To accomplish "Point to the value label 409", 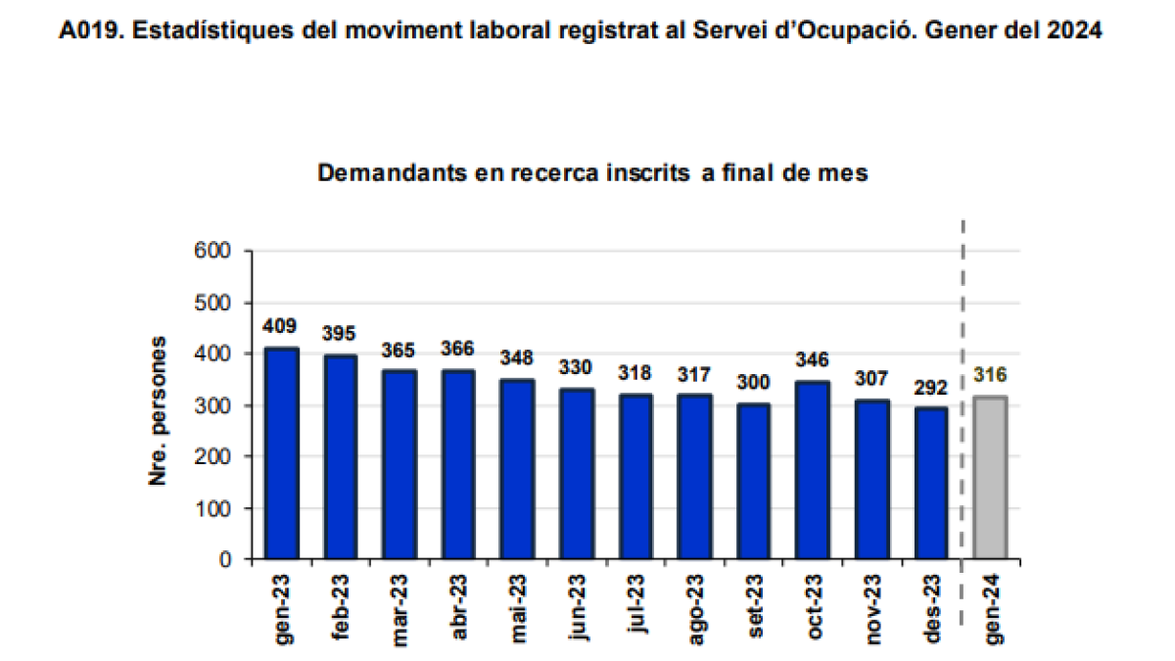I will (x=281, y=326).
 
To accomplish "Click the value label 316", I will (x=990, y=375).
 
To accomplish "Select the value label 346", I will (x=812, y=359).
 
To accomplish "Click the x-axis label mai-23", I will (x=518, y=607).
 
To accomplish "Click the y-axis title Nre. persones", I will (x=158, y=411).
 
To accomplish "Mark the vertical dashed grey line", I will (x=963, y=392).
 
